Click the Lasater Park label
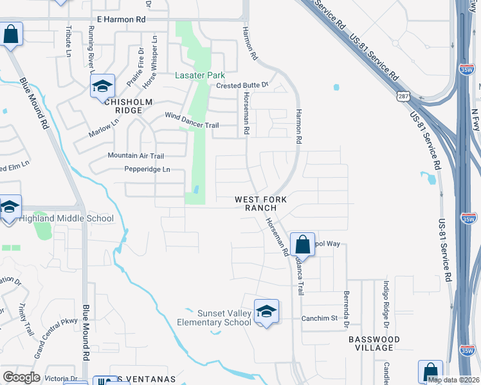click(199, 75)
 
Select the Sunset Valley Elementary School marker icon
click(266, 311)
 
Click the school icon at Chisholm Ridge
click(102, 86)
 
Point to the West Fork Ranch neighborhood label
click(264, 203)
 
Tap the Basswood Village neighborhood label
click(374, 343)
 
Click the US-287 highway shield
click(403, 96)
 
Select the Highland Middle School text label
click(66, 218)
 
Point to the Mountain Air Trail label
click(136, 156)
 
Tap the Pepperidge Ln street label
click(147, 169)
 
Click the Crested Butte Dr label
click(241, 85)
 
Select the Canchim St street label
click(320, 318)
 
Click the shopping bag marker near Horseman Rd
click(302, 244)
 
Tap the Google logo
click(21, 377)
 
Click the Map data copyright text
click(453, 380)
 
